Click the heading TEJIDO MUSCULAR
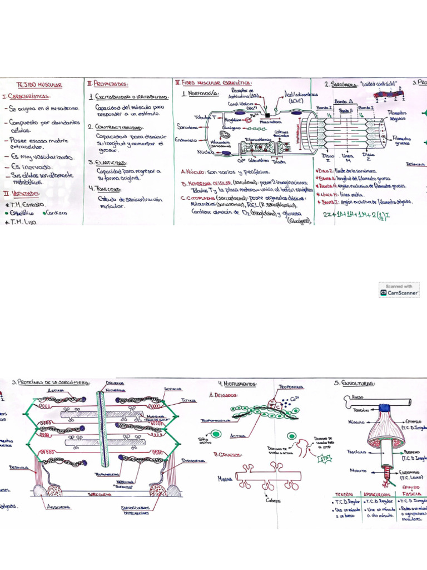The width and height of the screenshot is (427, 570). [39, 85]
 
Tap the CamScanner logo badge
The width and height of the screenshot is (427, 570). [399, 289]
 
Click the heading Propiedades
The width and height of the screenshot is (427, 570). [109, 83]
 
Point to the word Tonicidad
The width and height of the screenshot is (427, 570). [110, 189]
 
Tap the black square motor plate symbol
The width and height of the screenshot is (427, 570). [267, 115]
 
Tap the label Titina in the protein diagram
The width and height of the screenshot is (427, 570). [190, 400]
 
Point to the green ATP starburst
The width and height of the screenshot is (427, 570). [324, 459]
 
